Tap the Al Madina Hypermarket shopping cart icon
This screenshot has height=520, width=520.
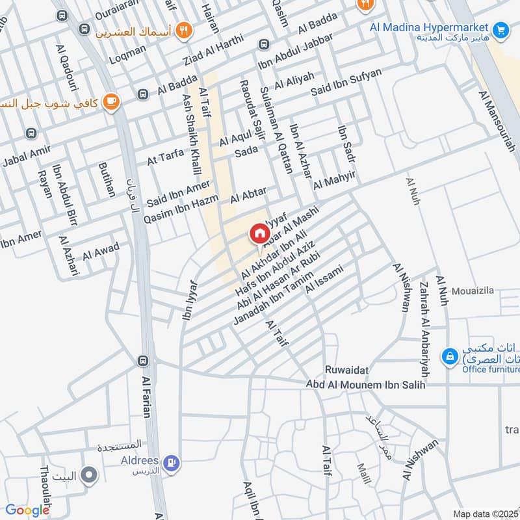pos(499,29)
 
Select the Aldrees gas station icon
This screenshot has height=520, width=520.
pos(171,462)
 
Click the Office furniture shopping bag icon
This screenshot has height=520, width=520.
pos(449,356)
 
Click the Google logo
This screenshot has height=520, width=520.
pos(27,510)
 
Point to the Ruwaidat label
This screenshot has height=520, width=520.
pos(348,370)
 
